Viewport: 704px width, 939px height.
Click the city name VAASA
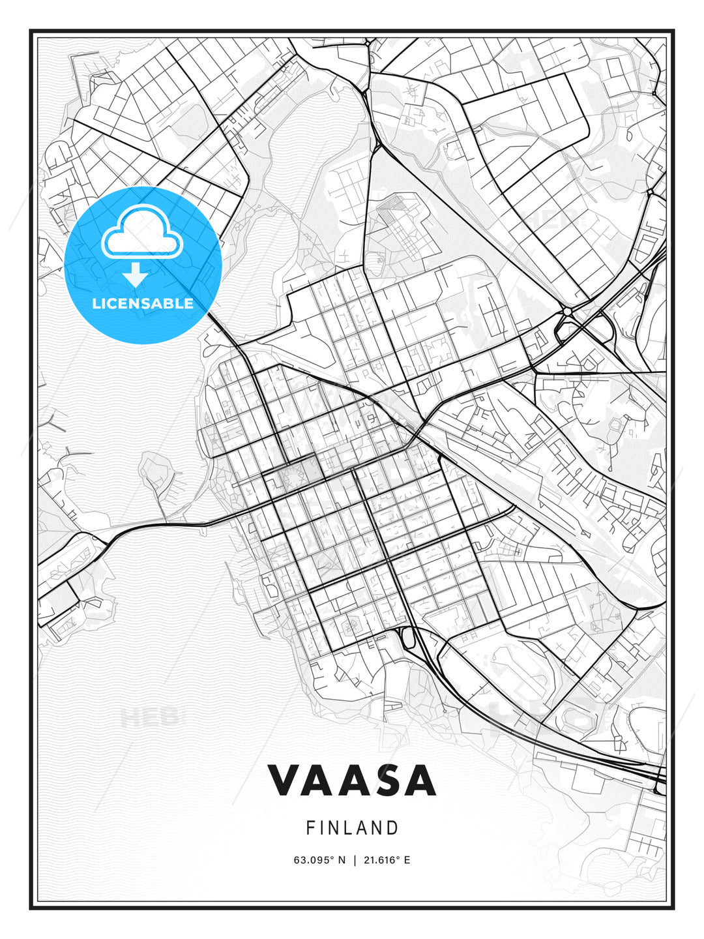pos(352,781)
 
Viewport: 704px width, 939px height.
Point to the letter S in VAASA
pos(385,781)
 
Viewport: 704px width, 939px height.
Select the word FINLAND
pos(352,828)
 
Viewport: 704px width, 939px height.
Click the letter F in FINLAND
pos(310,828)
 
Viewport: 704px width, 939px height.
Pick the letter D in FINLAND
pos(393,828)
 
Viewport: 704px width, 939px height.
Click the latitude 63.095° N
pos(320,860)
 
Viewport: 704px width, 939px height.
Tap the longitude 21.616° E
pos(387,860)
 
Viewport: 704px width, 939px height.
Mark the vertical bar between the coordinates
pos(354,860)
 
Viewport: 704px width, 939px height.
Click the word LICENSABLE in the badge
pos(143,303)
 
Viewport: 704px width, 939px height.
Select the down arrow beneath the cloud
pos(136,275)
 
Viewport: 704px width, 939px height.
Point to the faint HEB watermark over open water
pos(149,717)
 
